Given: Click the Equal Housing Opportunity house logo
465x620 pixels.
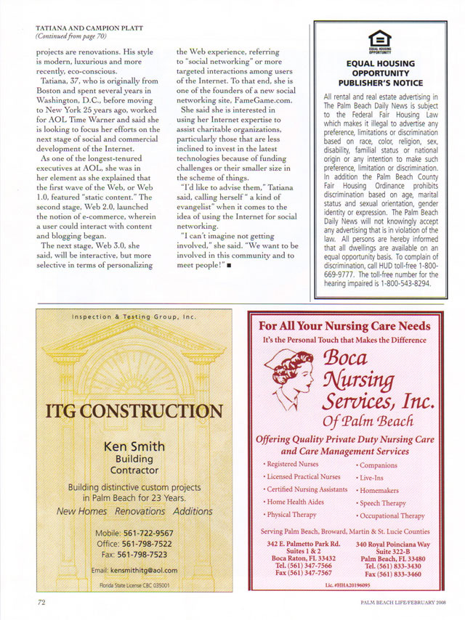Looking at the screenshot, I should [379, 41].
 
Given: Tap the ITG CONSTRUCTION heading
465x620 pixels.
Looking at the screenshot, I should [134, 412].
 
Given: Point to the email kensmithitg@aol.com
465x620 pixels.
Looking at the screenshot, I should [134, 568].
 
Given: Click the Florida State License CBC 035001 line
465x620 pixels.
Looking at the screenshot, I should [134, 584].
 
